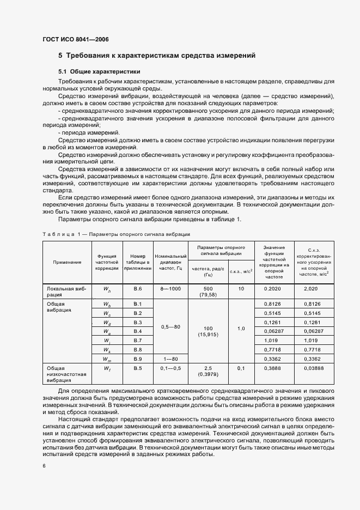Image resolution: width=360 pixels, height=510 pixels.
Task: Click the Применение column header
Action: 67,262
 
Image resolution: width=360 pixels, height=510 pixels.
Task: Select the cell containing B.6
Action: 137,289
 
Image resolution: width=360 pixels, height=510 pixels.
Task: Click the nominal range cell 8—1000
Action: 171,289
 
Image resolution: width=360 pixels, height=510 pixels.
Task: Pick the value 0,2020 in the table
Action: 272,289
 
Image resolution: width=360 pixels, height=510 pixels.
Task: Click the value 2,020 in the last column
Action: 310,289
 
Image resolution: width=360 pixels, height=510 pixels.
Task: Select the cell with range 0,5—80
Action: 171,327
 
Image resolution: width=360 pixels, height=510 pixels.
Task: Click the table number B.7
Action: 137,340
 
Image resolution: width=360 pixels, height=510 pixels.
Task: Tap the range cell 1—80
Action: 171,359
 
